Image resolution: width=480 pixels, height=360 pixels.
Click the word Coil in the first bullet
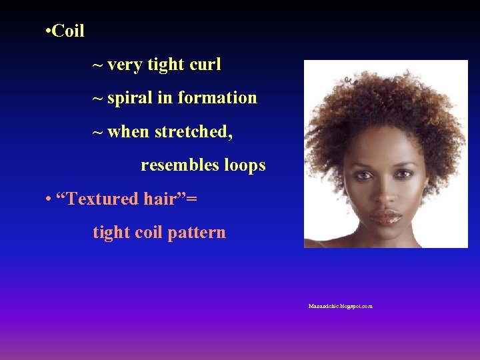pyautogui.click(x=68, y=31)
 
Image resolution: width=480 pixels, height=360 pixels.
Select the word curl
pyautogui.click(x=205, y=65)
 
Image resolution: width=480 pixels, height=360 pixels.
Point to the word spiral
pyautogui.click(x=129, y=98)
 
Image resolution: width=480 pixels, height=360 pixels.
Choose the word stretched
pyautogui.click(x=194, y=132)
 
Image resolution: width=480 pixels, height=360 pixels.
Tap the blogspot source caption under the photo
pyautogui.click(x=340, y=306)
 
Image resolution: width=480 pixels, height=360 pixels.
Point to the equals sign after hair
pyautogui.click(x=193, y=199)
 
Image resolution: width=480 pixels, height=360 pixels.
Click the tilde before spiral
pyautogui.click(x=97, y=99)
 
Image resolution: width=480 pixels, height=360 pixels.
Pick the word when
pyautogui.click(x=128, y=132)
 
